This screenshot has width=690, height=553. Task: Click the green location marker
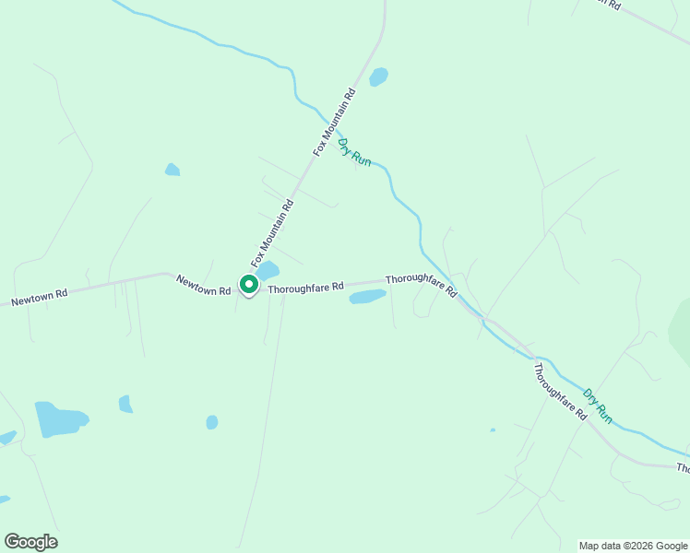(249, 285)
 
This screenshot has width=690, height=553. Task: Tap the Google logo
(30, 542)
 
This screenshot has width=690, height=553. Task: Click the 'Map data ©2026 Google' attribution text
(633, 546)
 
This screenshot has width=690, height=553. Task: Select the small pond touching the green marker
(268, 271)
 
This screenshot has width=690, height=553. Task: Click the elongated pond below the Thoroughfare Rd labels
(367, 296)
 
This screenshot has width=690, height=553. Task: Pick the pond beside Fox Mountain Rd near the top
(378, 76)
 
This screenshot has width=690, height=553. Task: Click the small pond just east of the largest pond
(125, 404)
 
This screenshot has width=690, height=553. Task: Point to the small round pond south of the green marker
(212, 422)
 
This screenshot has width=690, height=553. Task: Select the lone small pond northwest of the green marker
(172, 170)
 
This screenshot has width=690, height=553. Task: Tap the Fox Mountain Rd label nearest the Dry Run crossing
(335, 121)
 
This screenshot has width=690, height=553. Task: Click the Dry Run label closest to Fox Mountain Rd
(355, 151)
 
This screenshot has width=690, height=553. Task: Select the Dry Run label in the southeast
(598, 406)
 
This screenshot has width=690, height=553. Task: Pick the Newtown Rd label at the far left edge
(39, 297)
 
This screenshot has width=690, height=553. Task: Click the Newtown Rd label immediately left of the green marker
(203, 285)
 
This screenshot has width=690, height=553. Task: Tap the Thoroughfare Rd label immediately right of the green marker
(305, 288)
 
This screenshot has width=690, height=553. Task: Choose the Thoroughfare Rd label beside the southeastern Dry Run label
(560, 392)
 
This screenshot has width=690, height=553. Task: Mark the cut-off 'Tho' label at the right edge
(683, 468)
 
